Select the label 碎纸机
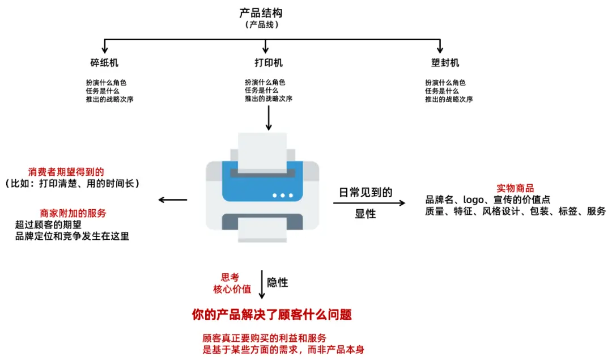tap(104, 62)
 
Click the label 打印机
tap(268, 62)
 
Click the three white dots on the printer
tap(282, 195)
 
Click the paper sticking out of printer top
tap(262, 150)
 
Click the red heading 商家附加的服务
tap(73, 213)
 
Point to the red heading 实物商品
tap(515, 188)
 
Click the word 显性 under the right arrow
tap(365, 214)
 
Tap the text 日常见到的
tap(365, 192)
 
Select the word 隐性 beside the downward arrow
tap(278, 282)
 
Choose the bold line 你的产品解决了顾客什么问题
tap(276, 314)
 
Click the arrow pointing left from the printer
tap(173, 199)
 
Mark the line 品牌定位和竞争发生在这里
tap(73, 236)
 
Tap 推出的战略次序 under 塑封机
tap(449, 99)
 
